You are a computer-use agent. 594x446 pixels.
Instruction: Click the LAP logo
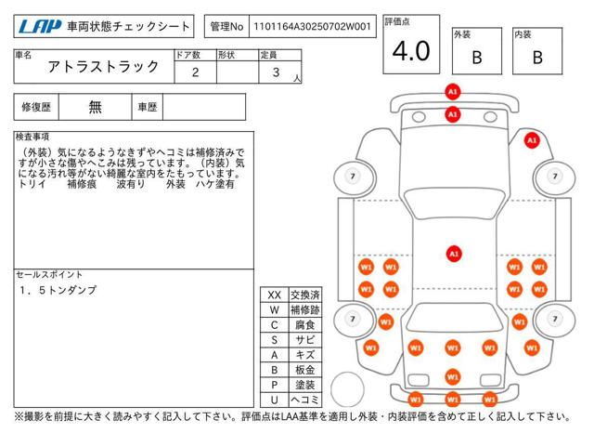(40, 27)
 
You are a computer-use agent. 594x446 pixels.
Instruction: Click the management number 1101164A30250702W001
(312, 27)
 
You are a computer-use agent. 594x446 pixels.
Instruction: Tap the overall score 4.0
(411, 51)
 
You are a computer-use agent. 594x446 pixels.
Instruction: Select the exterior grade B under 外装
(477, 58)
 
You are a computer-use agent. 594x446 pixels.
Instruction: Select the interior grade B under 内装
(537, 58)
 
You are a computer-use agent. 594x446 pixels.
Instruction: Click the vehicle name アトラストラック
(103, 67)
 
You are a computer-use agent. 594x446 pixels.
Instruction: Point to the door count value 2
(195, 72)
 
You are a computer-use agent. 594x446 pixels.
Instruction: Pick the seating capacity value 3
(277, 72)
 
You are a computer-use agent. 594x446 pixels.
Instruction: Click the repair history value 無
(95, 107)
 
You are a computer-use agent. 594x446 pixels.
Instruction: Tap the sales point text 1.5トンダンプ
(58, 290)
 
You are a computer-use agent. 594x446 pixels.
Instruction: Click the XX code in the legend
(275, 295)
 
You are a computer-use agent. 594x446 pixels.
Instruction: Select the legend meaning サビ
(305, 340)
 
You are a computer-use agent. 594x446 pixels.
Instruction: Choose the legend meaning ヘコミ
(305, 400)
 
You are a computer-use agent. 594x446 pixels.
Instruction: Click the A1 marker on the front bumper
(453, 92)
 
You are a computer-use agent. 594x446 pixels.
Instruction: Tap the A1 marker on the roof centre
(454, 254)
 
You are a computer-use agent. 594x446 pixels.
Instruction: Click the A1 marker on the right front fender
(532, 140)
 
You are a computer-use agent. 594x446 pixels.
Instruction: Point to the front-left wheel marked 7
(353, 177)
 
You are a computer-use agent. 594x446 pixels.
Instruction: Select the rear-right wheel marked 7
(555, 319)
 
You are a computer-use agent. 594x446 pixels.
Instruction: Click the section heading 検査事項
(32, 137)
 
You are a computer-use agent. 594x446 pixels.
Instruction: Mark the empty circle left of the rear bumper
(347, 389)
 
